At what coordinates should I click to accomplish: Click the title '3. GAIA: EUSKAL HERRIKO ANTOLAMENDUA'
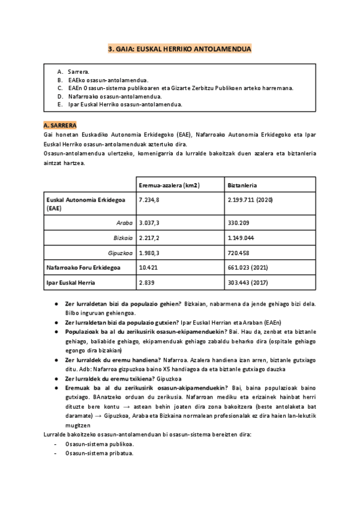click(x=180, y=50)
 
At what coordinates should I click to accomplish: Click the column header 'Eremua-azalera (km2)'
click(x=169, y=185)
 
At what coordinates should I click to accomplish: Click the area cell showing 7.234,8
click(x=149, y=199)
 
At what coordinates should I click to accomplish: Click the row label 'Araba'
click(x=124, y=223)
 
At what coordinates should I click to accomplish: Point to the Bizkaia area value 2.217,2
click(x=149, y=238)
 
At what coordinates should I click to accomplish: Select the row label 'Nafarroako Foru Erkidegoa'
click(x=83, y=267)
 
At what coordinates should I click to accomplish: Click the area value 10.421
click(x=148, y=267)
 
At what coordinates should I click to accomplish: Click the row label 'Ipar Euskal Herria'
click(x=71, y=282)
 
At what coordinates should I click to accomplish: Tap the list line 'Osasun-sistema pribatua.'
click(x=100, y=453)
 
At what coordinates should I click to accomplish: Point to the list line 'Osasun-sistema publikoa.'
click(x=100, y=444)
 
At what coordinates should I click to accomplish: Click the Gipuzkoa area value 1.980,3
click(x=149, y=253)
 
